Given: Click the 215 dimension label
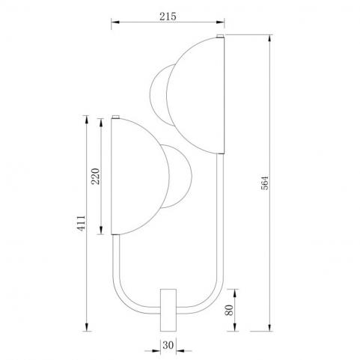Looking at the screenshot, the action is click(x=168, y=16).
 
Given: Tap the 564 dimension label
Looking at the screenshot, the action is click(x=265, y=183).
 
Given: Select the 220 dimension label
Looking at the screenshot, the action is click(x=95, y=177).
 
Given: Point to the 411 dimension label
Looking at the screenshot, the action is click(x=81, y=223).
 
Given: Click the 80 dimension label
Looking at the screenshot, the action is click(x=229, y=310).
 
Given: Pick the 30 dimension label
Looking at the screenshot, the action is click(x=168, y=345).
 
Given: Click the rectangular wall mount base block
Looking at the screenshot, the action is click(x=168, y=310).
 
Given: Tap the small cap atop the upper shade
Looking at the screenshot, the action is click(x=220, y=36).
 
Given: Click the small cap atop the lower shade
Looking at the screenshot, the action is click(x=115, y=117).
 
